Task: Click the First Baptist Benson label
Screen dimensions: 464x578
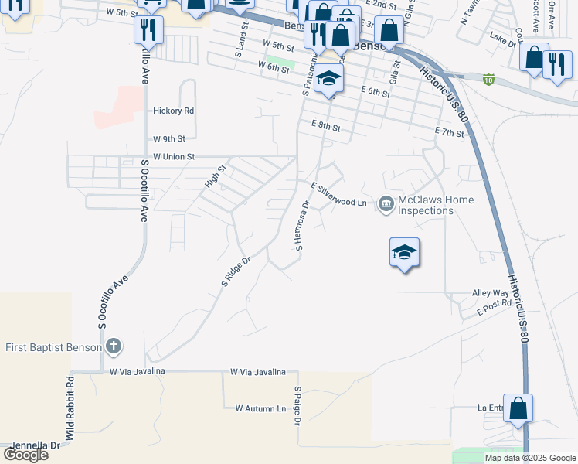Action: coord(54,347)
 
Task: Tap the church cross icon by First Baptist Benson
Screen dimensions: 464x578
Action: coord(114,346)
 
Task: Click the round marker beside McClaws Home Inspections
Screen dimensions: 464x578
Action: coord(386,203)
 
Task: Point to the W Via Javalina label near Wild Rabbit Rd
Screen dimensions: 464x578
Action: coord(138,372)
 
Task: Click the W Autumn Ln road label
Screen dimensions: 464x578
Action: coord(260,408)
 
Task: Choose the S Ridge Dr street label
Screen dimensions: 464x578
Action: coord(236,272)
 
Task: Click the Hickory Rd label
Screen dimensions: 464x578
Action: coord(173,111)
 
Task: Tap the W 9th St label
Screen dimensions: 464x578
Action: coord(169,139)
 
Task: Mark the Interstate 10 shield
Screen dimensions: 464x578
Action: coord(488,78)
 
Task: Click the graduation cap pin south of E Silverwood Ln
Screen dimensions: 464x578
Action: coord(404,253)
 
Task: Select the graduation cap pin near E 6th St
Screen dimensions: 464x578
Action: coord(328,78)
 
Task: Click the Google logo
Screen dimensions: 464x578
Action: coord(26,455)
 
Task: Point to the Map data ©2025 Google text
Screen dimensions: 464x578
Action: coord(529,458)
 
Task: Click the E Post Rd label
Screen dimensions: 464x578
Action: coord(494,307)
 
